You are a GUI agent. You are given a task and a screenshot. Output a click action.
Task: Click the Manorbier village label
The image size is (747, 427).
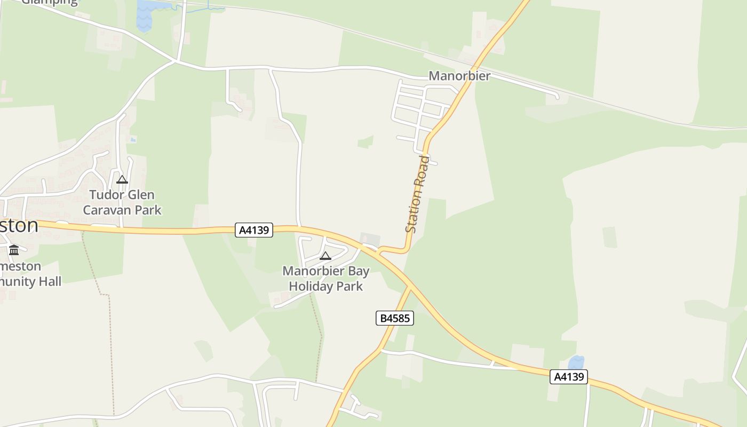click(459, 76)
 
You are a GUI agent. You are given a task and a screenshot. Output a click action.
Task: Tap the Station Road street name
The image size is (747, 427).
click(417, 194)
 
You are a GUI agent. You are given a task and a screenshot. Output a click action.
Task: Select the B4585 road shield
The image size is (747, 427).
click(394, 319)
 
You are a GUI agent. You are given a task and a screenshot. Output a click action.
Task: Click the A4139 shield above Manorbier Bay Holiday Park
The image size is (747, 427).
click(254, 230)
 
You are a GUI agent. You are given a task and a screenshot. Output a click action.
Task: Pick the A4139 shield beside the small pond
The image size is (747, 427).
click(569, 377)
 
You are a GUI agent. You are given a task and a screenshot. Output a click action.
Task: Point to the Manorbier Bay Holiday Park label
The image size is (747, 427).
click(326, 279)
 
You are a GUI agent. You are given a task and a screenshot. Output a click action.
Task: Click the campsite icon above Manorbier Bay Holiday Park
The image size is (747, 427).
click(325, 256)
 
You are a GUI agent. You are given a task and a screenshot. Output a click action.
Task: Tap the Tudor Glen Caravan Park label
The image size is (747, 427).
click(122, 202)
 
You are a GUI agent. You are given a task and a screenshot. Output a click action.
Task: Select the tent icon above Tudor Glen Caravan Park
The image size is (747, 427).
click(122, 180)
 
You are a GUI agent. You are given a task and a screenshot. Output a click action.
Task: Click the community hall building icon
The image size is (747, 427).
click(14, 250)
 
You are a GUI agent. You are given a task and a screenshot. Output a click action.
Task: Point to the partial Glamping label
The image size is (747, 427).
click(49, 2)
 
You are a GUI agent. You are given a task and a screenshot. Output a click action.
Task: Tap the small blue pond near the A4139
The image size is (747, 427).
click(576, 363)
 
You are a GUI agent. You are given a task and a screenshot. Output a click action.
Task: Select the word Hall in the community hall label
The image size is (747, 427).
click(49, 281)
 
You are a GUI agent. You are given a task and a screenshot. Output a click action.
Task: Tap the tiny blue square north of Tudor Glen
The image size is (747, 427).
click(133, 139)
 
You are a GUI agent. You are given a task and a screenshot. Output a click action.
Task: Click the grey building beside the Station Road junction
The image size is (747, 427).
click(370, 240)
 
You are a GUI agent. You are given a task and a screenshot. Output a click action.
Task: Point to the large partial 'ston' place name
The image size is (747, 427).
click(19, 225)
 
